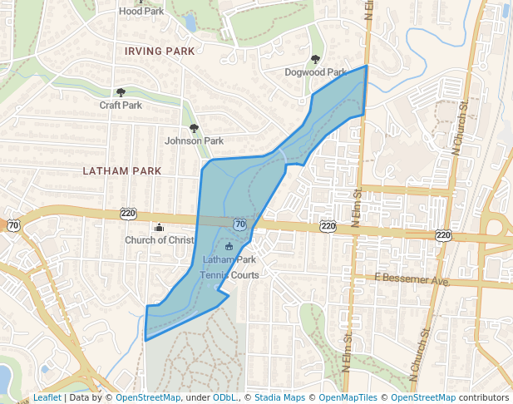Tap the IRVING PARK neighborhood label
pos(160,52)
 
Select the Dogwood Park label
pos(315,72)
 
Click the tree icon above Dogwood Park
pos(315,60)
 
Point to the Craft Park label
pos(121,106)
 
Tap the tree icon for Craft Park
pos(121,93)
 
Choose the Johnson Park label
pos(194,140)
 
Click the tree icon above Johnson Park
pos(194,128)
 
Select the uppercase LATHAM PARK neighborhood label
pos(122,171)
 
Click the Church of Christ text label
pos(159,240)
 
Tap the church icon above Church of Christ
pos(159,228)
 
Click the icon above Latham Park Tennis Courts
pos(229,248)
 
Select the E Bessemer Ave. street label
pos(412,280)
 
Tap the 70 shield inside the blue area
pos(239,224)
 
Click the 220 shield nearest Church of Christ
pos(127,213)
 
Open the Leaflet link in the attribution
pos(47,398)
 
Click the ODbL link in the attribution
pos(224,398)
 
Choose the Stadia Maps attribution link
pos(279,398)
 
